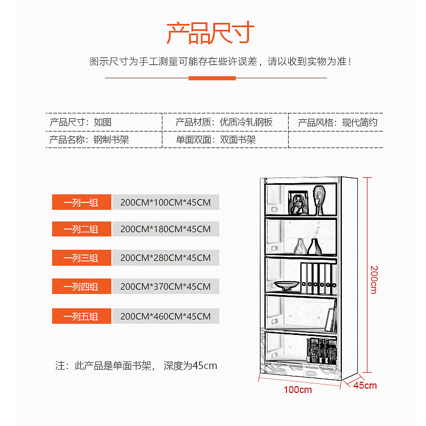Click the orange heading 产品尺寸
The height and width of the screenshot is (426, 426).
[210, 33]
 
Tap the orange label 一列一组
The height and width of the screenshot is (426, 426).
[81, 202]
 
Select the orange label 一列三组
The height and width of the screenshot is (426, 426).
[81, 258]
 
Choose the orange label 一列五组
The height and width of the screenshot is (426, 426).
[81, 316]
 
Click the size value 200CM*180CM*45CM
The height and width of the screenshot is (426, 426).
[166, 230]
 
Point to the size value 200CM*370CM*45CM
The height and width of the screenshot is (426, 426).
[166, 286]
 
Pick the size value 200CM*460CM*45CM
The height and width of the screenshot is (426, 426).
[166, 316]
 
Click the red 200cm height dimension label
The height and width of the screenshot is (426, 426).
[374, 279]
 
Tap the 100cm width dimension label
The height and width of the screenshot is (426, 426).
[298, 390]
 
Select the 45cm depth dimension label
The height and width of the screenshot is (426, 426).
[365, 386]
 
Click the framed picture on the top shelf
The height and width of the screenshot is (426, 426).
[298, 202]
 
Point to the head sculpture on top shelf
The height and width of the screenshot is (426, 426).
[319, 200]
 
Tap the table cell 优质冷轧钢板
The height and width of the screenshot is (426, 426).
[246, 122]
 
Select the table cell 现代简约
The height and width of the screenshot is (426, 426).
[359, 122]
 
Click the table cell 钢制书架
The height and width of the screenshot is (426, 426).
[111, 140]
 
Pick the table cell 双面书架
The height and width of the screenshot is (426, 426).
[238, 140]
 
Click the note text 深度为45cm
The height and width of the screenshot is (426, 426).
[191, 366]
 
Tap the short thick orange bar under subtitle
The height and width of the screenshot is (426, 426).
[212, 78]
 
